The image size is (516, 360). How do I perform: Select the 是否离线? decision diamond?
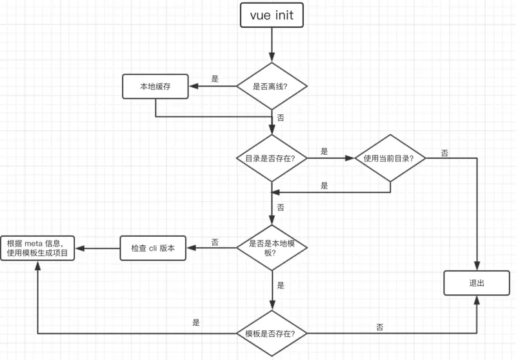271,86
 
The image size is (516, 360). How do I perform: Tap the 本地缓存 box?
155,86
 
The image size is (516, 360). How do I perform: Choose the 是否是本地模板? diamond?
271,248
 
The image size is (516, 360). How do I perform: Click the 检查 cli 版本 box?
153,248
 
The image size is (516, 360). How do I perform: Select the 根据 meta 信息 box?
37,248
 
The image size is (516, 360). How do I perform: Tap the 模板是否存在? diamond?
271,334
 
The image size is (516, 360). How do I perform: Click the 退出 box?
477,283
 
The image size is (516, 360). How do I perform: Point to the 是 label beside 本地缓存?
215,79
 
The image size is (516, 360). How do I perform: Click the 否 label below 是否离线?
280,118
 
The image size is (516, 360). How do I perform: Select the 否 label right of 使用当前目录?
445,153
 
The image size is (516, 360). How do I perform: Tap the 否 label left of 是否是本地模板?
215,242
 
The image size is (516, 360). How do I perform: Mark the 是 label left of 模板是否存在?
196,323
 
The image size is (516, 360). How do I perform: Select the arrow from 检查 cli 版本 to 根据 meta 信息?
97,248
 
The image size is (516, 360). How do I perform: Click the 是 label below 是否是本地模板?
280,285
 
